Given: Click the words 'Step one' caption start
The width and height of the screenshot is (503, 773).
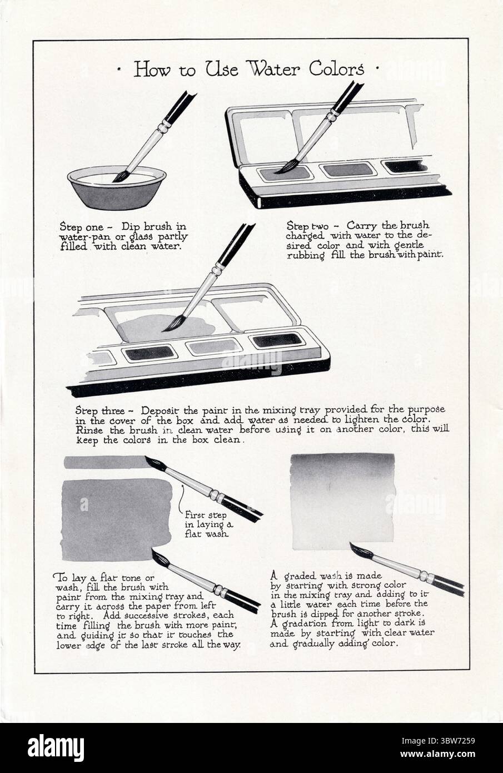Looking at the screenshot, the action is point(81,227).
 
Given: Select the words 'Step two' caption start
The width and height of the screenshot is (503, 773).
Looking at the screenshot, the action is point(307,226).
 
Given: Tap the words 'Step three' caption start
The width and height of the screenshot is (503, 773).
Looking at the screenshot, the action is point(100,411).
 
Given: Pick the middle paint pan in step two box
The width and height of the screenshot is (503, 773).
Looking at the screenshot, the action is point(348,170).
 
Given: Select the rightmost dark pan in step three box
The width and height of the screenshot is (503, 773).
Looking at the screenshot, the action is point(277,340).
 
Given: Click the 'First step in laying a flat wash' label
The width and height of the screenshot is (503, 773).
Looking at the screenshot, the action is point(209,524).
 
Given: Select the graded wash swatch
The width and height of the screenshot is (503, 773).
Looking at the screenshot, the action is point(342,502).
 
